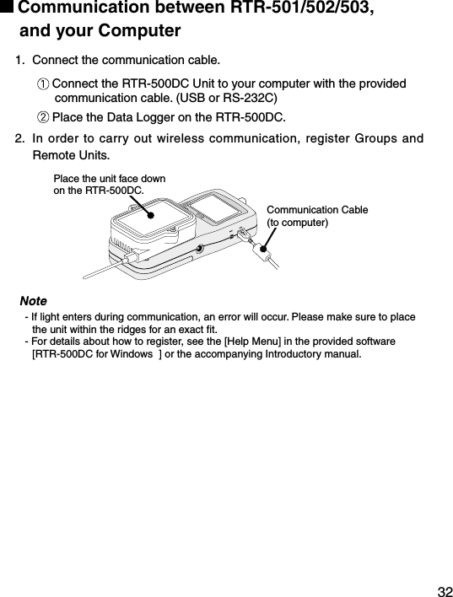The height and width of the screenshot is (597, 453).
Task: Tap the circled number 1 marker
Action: (x=43, y=85)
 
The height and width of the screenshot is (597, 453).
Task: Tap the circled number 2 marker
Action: (x=43, y=116)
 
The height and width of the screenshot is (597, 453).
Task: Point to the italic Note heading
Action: (x=33, y=301)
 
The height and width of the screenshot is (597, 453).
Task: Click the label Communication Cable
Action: (x=317, y=209)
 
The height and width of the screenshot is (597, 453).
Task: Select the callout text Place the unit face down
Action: (x=110, y=179)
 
